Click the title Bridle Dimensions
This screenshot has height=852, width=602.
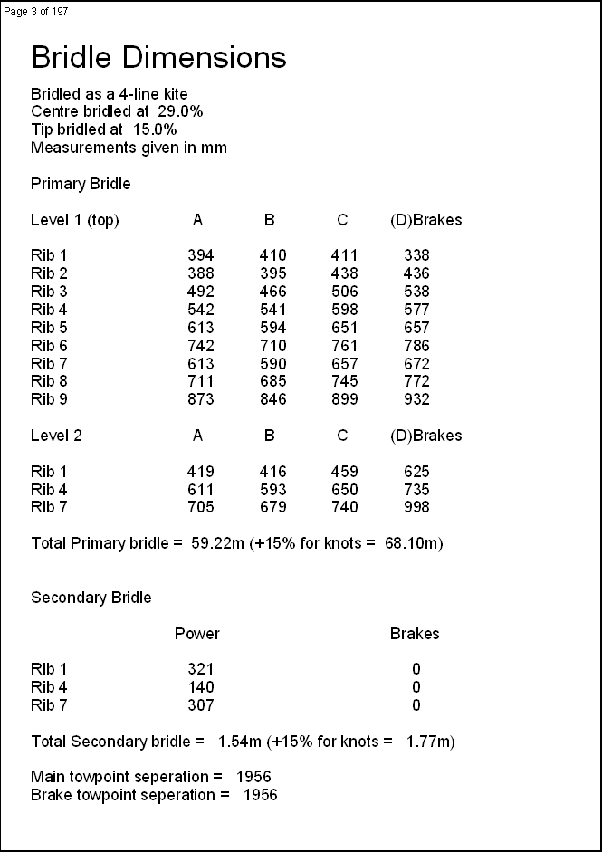pos(158,58)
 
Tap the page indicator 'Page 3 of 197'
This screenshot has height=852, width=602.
pos(36,11)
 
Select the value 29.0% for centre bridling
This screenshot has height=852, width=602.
pos(180,111)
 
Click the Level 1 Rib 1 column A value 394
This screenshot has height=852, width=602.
pos(200,255)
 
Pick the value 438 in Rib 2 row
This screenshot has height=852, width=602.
pos(344,273)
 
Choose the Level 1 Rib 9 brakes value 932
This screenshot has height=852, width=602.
pos(416,399)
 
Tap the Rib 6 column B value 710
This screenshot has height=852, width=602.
pos(272,345)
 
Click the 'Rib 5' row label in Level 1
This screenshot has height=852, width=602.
pos(49,328)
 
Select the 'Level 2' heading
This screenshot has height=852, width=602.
pos(56,436)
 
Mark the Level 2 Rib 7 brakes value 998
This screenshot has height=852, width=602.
pos(416,507)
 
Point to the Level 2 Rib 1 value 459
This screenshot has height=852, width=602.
pos(344,472)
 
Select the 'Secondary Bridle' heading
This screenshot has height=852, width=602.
pos(91,598)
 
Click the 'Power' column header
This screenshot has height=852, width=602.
pos(196,634)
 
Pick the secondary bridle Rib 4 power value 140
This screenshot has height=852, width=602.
pos(200,687)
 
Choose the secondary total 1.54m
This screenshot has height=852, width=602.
pos(240,742)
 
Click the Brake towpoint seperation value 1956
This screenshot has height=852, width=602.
pos(260,795)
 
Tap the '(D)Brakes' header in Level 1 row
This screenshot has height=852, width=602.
pos(425,220)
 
